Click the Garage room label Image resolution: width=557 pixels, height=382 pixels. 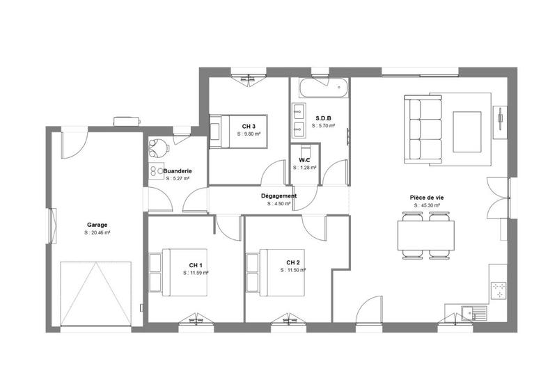(x=97, y=225)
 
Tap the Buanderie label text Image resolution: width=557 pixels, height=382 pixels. (x=178, y=170)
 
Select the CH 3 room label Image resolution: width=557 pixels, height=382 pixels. (x=249, y=126)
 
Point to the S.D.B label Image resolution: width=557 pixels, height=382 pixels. (x=323, y=118)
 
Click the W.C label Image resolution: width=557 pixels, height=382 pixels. (x=304, y=160)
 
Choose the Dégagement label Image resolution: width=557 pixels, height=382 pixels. (x=279, y=196)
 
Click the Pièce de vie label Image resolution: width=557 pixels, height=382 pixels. (x=427, y=198)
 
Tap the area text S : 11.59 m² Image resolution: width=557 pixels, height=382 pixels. (x=196, y=273)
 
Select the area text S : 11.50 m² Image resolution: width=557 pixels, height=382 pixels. (x=293, y=270)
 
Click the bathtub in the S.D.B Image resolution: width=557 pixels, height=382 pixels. (x=321, y=88)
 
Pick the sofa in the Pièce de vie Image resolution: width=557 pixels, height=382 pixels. (x=424, y=129)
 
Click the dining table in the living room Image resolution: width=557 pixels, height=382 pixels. (x=426, y=234)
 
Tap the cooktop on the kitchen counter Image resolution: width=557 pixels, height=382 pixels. (x=499, y=290)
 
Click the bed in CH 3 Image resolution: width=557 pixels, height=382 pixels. (x=224, y=131)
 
